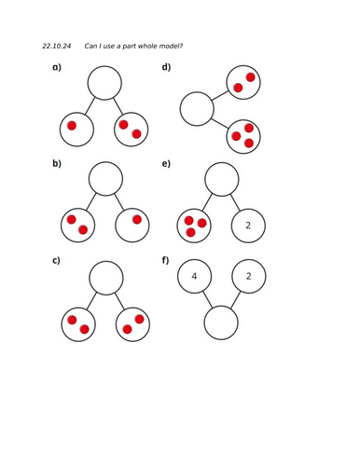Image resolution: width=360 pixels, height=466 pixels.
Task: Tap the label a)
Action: click(x=57, y=67)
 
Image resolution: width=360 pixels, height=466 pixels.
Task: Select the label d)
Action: click(x=167, y=67)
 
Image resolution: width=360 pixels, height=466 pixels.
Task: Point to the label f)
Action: click(x=166, y=259)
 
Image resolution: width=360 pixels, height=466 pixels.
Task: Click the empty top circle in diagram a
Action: click(x=104, y=83)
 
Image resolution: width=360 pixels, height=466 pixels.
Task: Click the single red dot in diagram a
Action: click(x=72, y=125)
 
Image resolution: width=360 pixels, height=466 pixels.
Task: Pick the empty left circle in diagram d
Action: click(x=197, y=108)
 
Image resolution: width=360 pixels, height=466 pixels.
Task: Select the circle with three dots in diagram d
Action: click(x=243, y=136)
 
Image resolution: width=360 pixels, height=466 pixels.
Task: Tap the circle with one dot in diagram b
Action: click(x=132, y=225)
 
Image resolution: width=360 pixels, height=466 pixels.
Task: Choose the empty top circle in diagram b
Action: click(x=105, y=178)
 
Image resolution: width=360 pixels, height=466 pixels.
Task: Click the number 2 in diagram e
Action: click(x=248, y=225)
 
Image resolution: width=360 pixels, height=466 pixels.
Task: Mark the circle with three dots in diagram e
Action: click(x=194, y=225)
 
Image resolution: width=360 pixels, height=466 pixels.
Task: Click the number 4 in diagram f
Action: click(x=194, y=276)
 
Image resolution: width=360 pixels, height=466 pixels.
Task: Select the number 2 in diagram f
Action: click(x=249, y=276)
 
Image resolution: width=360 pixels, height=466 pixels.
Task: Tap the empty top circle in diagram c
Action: click(x=105, y=277)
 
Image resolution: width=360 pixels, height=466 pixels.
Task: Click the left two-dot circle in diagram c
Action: click(x=77, y=323)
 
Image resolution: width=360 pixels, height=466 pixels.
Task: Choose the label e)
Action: click(x=166, y=164)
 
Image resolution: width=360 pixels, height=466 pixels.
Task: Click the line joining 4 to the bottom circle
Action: click(x=206, y=298)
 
